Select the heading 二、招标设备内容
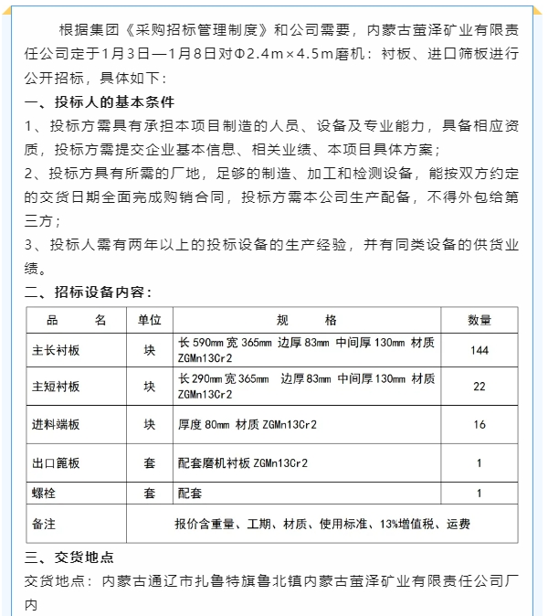(x=88, y=292)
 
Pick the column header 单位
(x=149, y=320)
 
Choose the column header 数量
(x=479, y=320)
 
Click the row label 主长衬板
(x=57, y=350)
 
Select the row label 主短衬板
(x=57, y=387)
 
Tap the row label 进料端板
(x=57, y=424)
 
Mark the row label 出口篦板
(x=57, y=463)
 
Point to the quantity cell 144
(x=479, y=350)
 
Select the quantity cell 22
(x=479, y=387)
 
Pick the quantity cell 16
(x=479, y=424)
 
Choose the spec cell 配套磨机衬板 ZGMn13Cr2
(x=243, y=463)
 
